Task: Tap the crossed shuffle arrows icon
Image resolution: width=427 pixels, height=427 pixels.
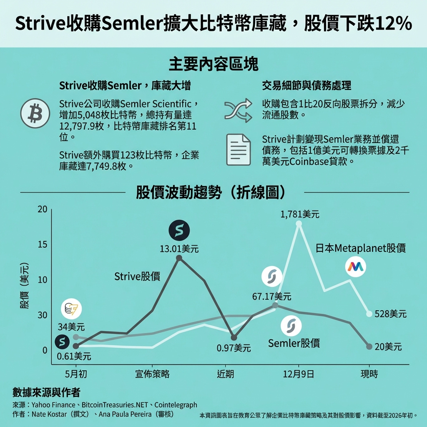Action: pyautogui.click(x=238, y=111)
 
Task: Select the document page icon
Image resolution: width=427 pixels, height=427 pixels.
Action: pyautogui.click(x=238, y=150)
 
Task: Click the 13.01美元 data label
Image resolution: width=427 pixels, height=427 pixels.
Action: pyautogui.click(x=179, y=249)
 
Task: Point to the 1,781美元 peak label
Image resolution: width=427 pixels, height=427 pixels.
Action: pyautogui.click(x=300, y=214)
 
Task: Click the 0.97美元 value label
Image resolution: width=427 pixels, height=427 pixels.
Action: pyautogui.click(x=234, y=348)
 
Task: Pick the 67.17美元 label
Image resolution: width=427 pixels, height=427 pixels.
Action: pyautogui.click(x=272, y=297)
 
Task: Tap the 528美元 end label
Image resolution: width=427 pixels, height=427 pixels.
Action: pyautogui.click(x=390, y=314)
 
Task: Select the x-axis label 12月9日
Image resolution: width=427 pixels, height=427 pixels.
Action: pyautogui.click(x=299, y=374)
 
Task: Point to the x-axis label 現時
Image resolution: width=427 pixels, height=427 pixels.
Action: pyautogui.click(x=369, y=374)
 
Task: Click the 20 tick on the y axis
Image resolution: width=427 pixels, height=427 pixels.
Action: pyautogui.click(x=43, y=209)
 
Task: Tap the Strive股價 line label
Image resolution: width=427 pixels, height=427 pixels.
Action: pyautogui.click(x=137, y=276)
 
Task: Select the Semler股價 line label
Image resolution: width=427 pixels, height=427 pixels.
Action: pyautogui.click(x=294, y=343)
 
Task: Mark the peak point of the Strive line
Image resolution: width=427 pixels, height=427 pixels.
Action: pyautogui.click(x=179, y=258)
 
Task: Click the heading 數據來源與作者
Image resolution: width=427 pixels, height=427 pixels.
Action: pyautogui.click(x=46, y=392)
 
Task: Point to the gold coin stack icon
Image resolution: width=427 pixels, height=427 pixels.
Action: pyautogui.click(x=71, y=309)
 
